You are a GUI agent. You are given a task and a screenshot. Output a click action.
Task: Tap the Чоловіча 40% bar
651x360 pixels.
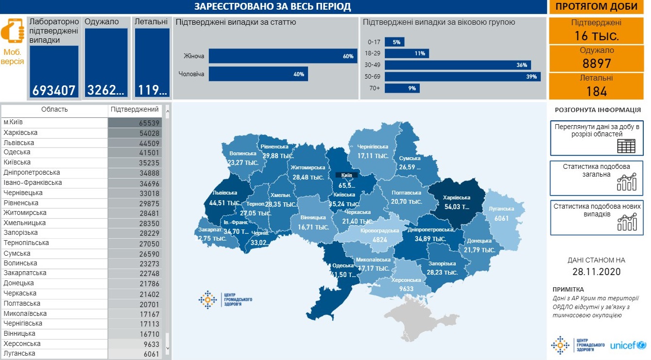pyautogui.click(x=258, y=74)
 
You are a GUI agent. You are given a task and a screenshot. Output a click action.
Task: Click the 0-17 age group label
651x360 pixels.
pyautogui.click(x=373, y=42)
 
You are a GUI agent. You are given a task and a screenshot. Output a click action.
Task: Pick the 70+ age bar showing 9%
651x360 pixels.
pyautogui.click(x=402, y=88)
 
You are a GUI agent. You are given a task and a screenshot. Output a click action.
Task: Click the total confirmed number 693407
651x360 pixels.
pyautogui.click(x=54, y=90)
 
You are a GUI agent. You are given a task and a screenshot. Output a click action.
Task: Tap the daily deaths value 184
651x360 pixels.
pyautogui.click(x=596, y=91)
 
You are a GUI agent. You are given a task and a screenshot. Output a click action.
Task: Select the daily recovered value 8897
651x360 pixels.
pyautogui.click(x=596, y=64)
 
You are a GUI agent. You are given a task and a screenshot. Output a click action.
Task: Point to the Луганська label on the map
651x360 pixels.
pyautogui.click(x=502, y=209)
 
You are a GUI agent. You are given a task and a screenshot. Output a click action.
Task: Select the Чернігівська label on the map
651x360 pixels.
pyautogui.click(x=373, y=147)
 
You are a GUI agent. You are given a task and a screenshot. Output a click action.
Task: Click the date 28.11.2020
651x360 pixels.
pyautogui.click(x=596, y=272)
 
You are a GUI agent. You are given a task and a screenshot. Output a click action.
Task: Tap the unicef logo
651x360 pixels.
pyautogui.click(x=628, y=345)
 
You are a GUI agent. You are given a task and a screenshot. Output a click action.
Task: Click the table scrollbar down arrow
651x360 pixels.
pyautogui.click(x=168, y=348)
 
